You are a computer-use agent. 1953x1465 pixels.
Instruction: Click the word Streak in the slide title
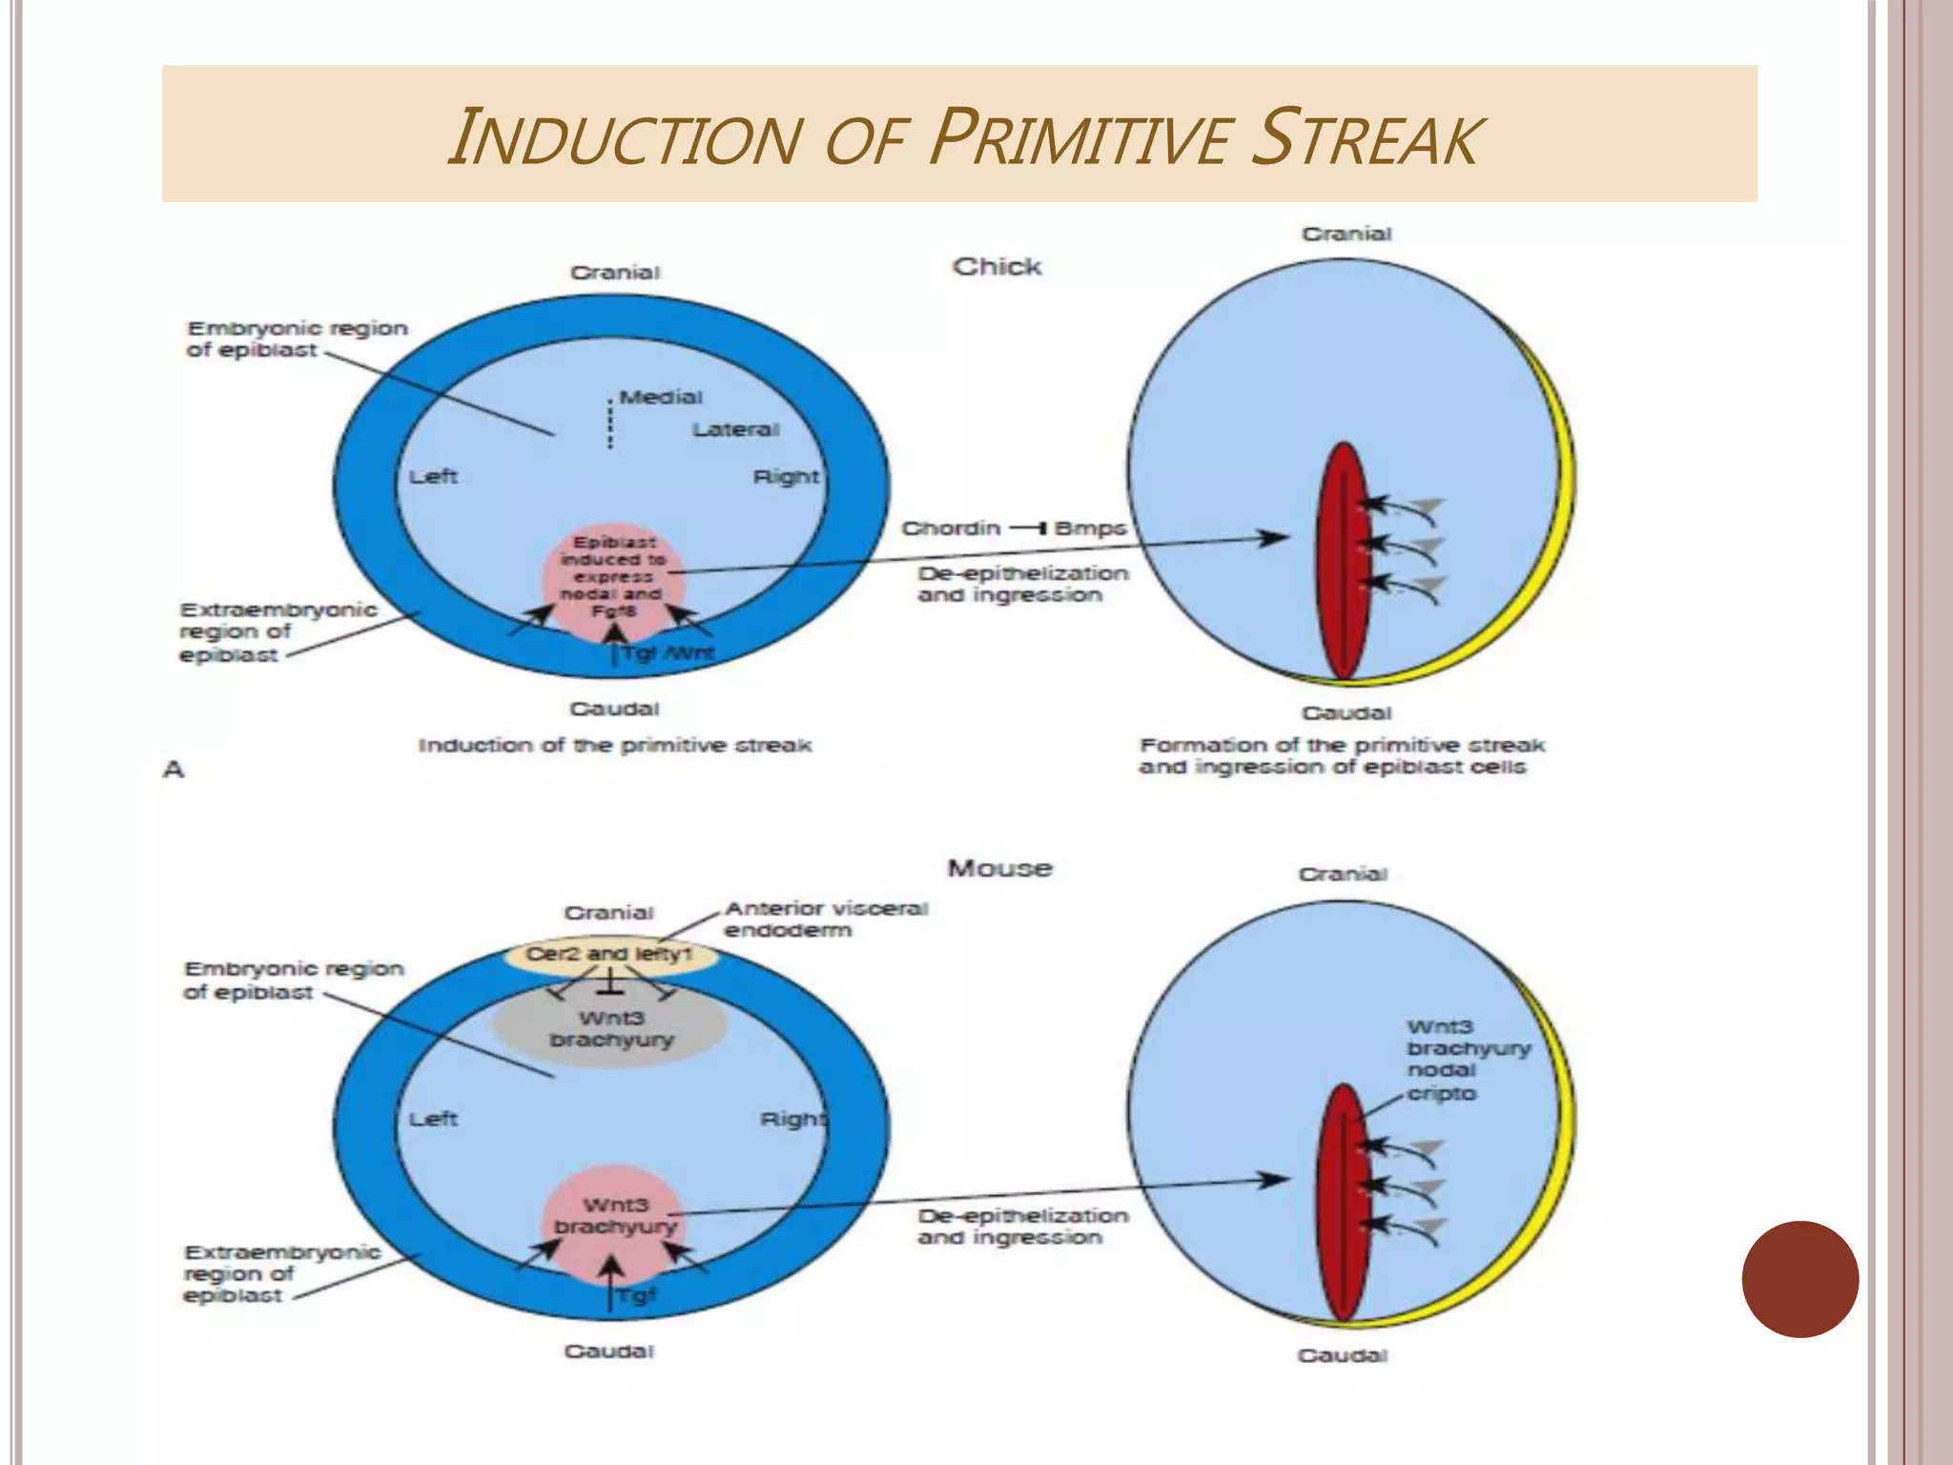[x=1365, y=139]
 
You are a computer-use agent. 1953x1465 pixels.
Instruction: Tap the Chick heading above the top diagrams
[x=997, y=267]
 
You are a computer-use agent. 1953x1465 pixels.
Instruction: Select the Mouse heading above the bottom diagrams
[x=999, y=868]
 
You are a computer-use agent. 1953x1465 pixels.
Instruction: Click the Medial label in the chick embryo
[x=661, y=397]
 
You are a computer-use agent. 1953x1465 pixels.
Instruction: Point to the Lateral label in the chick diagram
[x=735, y=430]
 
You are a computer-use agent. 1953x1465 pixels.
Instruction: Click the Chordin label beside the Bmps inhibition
[x=951, y=528]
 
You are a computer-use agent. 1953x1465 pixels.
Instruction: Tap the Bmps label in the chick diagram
[x=1090, y=528]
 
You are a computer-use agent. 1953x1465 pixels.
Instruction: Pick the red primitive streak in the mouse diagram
[x=1343, y=1202]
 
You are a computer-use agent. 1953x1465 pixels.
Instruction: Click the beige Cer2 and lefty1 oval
[x=610, y=955]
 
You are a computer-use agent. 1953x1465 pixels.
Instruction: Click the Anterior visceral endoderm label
[x=825, y=918]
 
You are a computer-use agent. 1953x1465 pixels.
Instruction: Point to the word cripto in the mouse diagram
[x=1441, y=1094]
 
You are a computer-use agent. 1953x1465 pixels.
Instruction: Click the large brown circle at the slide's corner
[x=1799, y=1279]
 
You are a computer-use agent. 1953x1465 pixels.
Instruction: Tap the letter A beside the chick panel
[x=173, y=769]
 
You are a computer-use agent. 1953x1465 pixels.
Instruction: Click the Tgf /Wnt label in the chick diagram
[x=668, y=654]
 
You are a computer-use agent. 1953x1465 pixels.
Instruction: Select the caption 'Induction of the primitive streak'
[x=615, y=745]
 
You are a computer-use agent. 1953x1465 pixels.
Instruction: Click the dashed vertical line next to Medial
[x=610, y=421]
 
